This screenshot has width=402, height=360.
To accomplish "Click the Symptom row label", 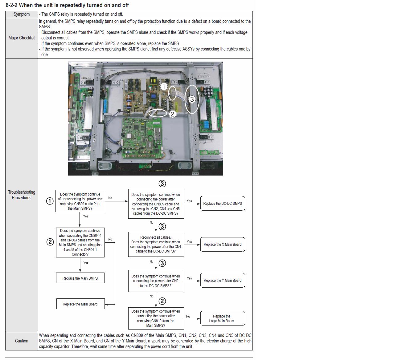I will [x=22, y=14].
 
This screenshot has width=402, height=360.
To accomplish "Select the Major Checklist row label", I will [x=22, y=38].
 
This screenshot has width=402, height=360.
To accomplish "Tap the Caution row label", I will [x=22, y=341].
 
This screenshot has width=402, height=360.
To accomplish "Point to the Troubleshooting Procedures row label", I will [x=22, y=195].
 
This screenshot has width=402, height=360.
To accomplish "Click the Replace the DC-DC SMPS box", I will [x=223, y=204].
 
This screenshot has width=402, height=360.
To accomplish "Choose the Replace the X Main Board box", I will [x=223, y=245].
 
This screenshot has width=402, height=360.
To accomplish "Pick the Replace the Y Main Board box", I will [x=223, y=281].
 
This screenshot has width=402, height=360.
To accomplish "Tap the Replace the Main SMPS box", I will [x=80, y=278].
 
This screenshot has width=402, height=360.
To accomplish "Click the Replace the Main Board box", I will [x=80, y=304].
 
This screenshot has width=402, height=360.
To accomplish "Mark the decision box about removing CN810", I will [x=156, y=318].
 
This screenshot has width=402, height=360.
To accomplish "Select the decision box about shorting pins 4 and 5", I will [x=80, y=242].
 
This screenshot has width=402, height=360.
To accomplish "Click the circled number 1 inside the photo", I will [x=164, y=87].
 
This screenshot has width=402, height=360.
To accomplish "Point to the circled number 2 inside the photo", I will [x=172, y=114].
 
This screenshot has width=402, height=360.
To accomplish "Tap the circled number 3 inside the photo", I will [x=192, y=99].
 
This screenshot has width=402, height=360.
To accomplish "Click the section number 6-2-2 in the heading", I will [x=11, y=5].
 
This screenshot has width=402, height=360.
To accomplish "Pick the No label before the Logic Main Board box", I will [x=188, y=317].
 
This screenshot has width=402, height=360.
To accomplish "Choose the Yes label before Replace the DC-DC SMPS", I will [x=189, y=201].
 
